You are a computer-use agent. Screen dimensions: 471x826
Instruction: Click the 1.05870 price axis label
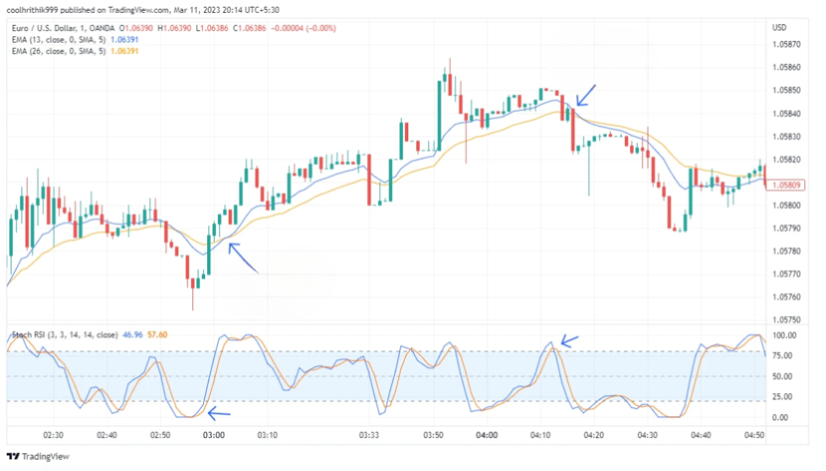coord(787,44)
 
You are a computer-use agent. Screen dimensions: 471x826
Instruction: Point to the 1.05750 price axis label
coord(787,320)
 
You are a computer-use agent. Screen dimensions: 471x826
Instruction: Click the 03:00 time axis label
coord(214,434)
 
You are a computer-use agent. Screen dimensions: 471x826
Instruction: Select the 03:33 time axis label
coord(368,434)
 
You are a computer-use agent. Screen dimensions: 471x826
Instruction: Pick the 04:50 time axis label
coord(756,434)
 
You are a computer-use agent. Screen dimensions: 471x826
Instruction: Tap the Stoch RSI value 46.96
coord(130,335)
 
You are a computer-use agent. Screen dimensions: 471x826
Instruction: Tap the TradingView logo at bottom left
coord(38,456)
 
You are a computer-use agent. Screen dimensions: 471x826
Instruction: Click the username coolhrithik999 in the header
coord(35,9)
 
